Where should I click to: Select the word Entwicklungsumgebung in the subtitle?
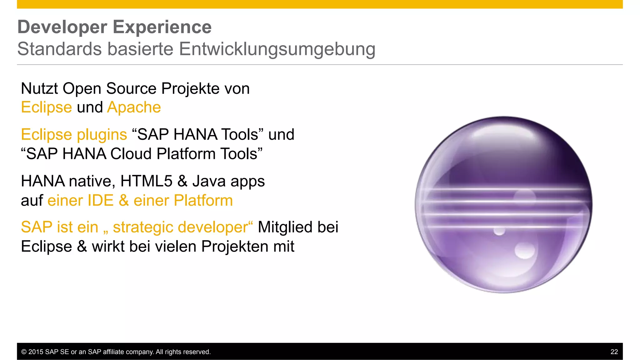click(x=277, y=49)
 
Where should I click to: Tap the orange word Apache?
click(x=134, y=107)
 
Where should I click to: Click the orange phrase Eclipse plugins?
click(x=74, y=135)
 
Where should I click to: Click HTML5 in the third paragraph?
click(x=146, y=181)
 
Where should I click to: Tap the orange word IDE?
click(x=100, y=201)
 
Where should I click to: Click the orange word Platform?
click(x=203, y=201)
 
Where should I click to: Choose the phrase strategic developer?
click(x=180, y=227)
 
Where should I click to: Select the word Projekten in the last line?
click(x=234, y=247)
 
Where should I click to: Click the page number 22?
click(x=614, y=352)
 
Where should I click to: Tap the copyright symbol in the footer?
click(x=24, y=352)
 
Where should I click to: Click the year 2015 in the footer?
click(x=36, y=352)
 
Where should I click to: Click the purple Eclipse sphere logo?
click(x=503, y=205)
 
